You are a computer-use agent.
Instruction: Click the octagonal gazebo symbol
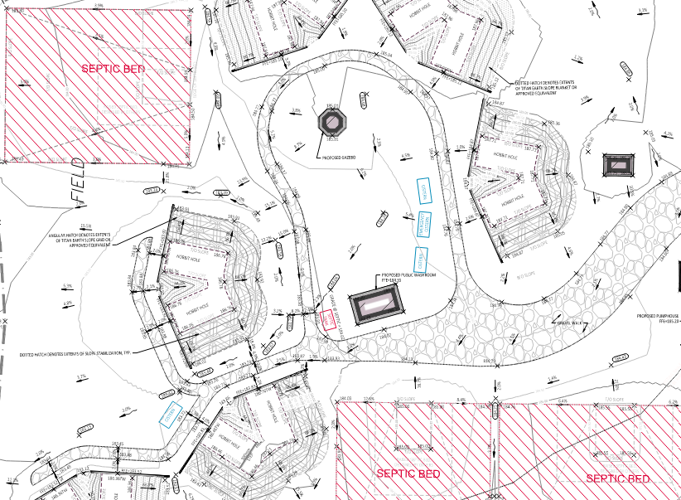333,124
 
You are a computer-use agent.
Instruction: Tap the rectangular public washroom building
378,307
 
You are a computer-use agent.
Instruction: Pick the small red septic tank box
330,320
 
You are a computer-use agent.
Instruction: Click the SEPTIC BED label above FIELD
112,68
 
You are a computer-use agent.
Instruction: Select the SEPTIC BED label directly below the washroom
408,473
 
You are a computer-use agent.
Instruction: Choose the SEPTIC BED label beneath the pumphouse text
617,478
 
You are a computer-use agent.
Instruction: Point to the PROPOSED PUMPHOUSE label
659,315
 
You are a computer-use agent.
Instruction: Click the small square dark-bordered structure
619,164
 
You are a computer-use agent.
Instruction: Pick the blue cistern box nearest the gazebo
422,192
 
